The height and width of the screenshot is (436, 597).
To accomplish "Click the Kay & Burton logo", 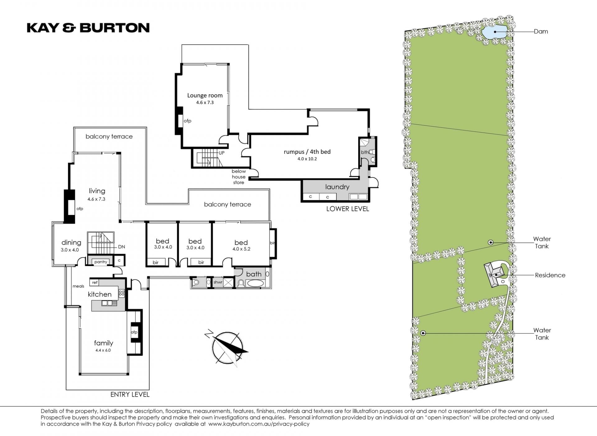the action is pyautogui.click(x=88, y=28).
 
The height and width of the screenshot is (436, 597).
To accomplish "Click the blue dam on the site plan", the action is pyautogui.click(x=494, y=32).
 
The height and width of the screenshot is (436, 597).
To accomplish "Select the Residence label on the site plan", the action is pyautogui.click(x=550, y=275).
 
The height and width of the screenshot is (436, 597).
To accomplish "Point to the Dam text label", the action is pyautogui.click(x=541, y=31).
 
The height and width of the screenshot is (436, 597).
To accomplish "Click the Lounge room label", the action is pyautogui.click(x=205, y=95).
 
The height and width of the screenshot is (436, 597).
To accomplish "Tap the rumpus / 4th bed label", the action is pyautogui.click(x=307, y=152).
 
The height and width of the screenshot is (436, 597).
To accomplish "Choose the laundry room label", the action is pyautogui.click(x=337, y=187).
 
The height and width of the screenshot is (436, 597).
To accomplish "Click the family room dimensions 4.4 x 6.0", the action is pyautogui.click(x=103, y=350).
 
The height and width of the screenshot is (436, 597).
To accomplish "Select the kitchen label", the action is pyautogui.click(x=99, y=294).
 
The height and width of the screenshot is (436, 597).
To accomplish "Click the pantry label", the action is pyautogui.click(x=101, y=262).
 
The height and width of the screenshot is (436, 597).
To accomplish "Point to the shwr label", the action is pyautogui.click(x=218, y=282).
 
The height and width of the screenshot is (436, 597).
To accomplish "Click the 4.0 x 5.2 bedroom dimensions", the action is pyautogui.click(x=241, y=249).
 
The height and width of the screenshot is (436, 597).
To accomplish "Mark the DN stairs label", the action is pyautogui.click(x=122, y=247).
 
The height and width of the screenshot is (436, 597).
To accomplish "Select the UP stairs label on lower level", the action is pyautogui.click(x=222, y=153).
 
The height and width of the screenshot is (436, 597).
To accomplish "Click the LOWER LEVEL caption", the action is pyautogui.click(x=348, y=209).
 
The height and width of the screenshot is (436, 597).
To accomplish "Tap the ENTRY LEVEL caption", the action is pyautogui.click(x=130, y=395).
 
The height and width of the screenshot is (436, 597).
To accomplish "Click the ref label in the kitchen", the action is pyautogui.click(x=95, y=283).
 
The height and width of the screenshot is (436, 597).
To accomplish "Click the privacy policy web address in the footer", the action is pyautogui.click(x=259, y=424).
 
